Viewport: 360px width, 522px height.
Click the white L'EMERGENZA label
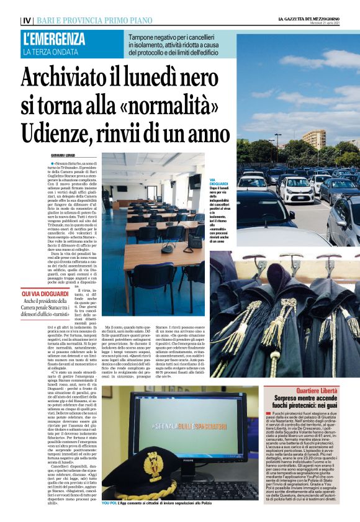point(55,39)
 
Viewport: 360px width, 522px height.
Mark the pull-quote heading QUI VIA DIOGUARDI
point(46,292)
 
